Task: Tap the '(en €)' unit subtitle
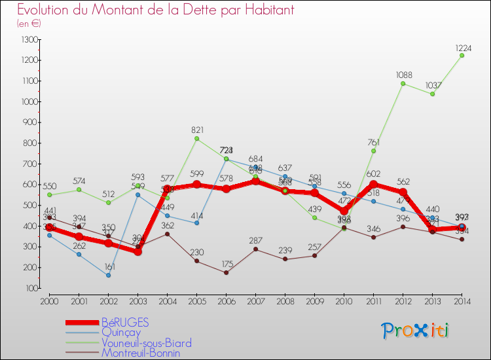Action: coord(29,24)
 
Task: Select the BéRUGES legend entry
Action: coord(125,322)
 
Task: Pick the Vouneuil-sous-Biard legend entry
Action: coord(146,342)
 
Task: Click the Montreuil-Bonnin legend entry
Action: coord(140,353)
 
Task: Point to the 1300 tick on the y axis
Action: coord(30,40)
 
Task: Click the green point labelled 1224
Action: coord(462,56)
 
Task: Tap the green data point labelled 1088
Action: coord(403,83)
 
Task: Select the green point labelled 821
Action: coord(196,139)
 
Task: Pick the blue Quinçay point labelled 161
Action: coord(108,276)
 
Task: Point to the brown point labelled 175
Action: coord(226,272)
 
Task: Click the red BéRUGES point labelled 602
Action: coord(373,185)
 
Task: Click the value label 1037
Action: coord(433,86)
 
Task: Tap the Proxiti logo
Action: coord(415,331)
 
